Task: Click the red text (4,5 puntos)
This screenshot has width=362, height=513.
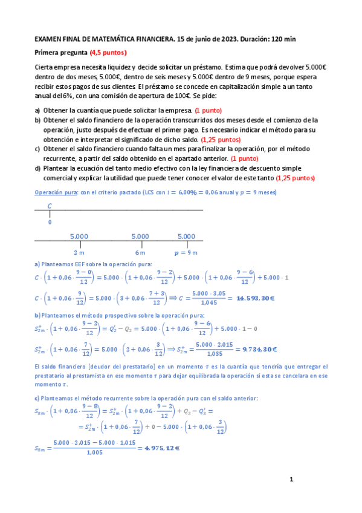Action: pos(108,52)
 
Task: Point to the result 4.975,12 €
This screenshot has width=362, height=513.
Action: pos(160,448)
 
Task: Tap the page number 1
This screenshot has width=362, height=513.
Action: pos(291,480)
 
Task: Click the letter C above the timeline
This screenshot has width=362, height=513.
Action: pos(50,206)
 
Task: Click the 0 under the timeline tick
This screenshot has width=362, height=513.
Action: pos(50,222)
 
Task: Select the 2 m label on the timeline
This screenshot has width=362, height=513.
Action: pos(79,252)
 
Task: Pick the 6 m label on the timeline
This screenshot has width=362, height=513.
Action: pos(140,252)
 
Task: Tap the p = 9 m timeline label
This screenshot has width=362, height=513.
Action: pos(186,252)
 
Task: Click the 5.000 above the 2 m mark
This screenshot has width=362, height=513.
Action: pos(79,236)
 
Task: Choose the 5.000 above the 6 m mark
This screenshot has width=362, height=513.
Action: pos(140,236)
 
